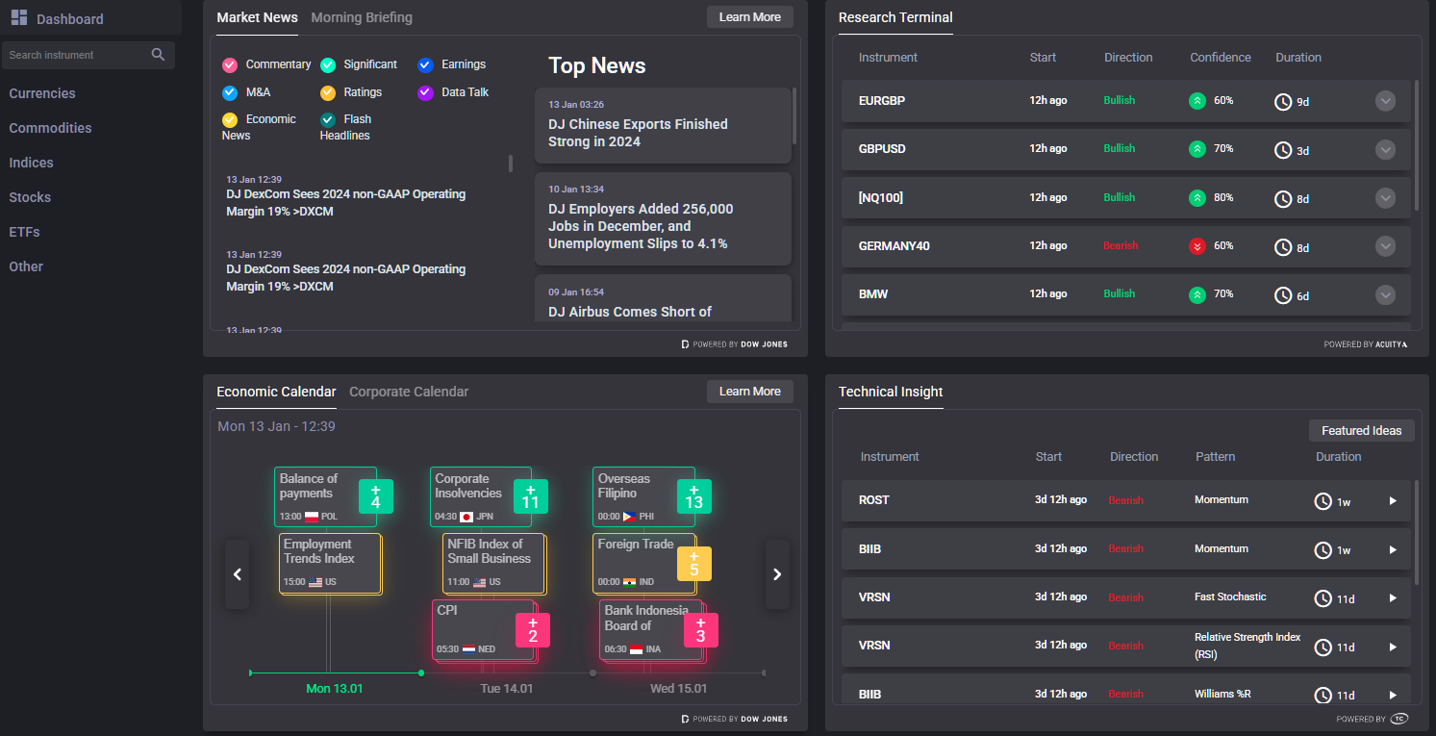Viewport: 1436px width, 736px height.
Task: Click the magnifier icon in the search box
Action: (x=159, y=55)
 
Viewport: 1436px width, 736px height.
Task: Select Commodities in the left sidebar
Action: (x=50, y=128)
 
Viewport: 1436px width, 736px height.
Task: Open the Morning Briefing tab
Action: (x=362, y=17)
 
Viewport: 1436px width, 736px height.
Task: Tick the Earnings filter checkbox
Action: (x=425, y=65)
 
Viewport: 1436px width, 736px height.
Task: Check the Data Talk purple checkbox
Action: (x=425, y=93)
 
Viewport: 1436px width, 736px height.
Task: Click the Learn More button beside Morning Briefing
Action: (x=749, y=17)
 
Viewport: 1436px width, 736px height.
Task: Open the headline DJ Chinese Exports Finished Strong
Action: (x=638, y=133)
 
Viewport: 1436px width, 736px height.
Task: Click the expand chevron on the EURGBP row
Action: (x=1385, y=101)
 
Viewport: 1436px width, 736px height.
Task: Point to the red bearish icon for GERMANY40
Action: (x=1197, y=246)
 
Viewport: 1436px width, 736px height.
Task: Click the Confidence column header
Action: (x=1220, y=58)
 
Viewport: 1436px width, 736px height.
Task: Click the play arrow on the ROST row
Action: (x=1393, y=500)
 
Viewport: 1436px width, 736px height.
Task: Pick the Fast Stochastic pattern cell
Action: (x=1230, y=596)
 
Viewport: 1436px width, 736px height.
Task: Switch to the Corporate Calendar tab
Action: (x=409, y=392)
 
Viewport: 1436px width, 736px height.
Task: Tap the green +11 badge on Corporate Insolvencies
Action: (x=530, y=496)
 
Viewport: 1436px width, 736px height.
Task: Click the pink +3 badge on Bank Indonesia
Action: (x=700, y=630)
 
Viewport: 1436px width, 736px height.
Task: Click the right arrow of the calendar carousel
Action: (x=777, y=574)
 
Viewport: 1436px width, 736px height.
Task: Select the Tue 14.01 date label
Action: (x=507, y=689)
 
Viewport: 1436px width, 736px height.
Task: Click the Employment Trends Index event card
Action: (x=330, y=564)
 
